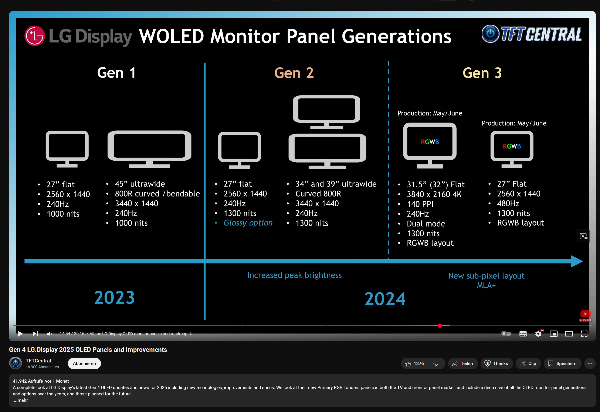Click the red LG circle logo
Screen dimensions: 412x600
pos(35,36)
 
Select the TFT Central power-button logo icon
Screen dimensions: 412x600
pos(490,34)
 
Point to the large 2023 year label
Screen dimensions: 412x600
pos(114,297)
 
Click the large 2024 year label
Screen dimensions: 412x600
pos(385,299)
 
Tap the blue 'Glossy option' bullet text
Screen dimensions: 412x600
pos(248,223)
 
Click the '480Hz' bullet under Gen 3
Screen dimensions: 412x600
pos(508,204)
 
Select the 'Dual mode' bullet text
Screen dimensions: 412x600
pos(426,224)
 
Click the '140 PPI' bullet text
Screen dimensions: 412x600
pos(420,204)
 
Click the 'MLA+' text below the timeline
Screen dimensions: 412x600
pos(486,285)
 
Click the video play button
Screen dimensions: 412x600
pos(20,334)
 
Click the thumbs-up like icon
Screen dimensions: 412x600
pos(408,364)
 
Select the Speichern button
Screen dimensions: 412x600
pos(562,364)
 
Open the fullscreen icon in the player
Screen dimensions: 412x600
pos(584,334)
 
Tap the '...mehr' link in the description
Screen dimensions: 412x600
pos(21,400)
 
